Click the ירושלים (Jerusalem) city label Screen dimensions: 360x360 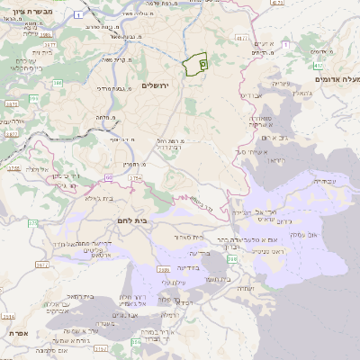(x=157, y=85)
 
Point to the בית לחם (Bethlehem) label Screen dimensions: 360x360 (x=131, y=220)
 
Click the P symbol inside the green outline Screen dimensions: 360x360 (x=202, y=64)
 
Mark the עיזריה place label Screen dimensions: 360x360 (x=281, y=84)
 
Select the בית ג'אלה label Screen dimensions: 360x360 (x=97, y=198)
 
